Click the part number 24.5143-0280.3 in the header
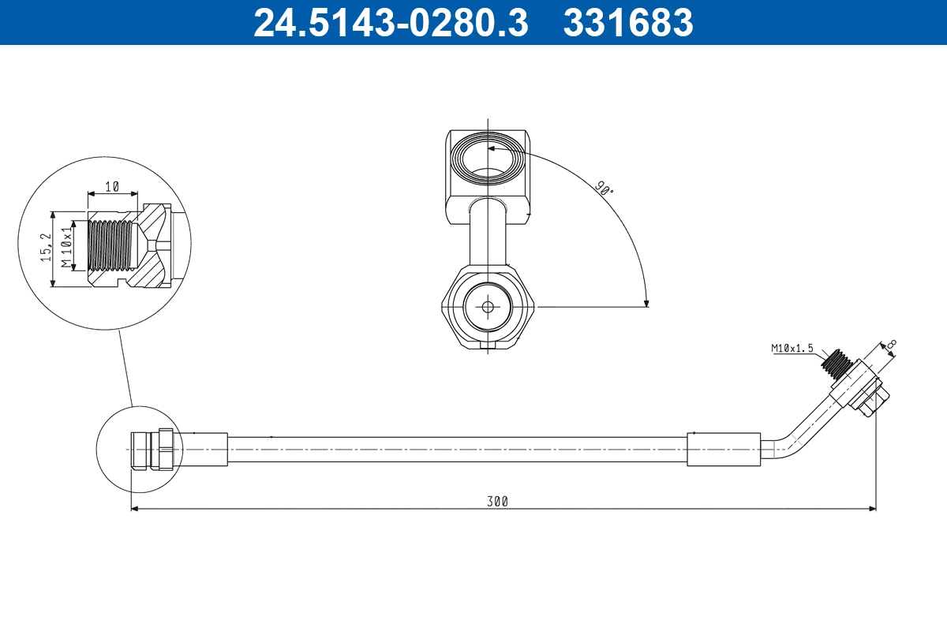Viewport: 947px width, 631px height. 390,22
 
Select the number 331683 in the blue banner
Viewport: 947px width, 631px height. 628,22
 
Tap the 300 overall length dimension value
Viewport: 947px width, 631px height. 497,501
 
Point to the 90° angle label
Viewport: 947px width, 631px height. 604,188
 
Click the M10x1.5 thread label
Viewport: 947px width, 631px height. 792,348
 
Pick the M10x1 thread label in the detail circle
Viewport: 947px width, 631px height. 68,245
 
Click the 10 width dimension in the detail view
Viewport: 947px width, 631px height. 112,186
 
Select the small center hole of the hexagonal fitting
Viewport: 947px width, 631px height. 488,307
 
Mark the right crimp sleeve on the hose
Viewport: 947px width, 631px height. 724,449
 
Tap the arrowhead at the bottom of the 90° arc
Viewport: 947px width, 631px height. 646,301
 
